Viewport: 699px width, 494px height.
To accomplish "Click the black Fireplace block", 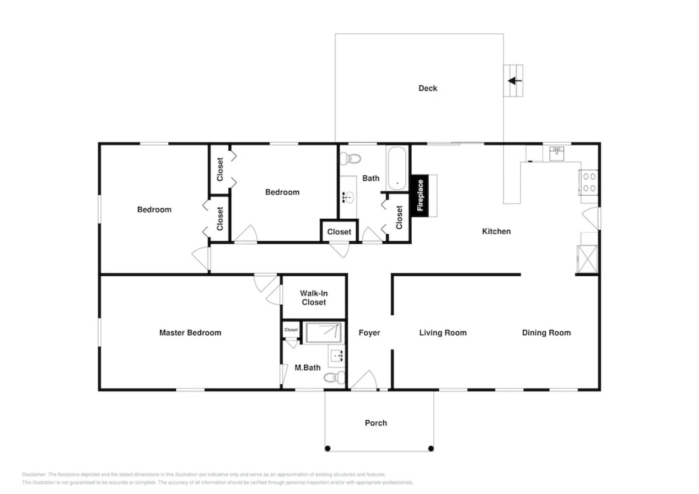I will point(420,196).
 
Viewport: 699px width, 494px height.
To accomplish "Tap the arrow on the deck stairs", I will point(515,81).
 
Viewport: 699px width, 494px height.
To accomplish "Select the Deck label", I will point(428,88).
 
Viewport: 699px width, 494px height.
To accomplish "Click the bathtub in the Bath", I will point(397,168).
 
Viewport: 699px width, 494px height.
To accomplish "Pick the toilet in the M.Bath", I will point(334,378).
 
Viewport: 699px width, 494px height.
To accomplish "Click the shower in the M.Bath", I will point(323,333).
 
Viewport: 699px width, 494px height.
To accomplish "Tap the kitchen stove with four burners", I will point(589,182).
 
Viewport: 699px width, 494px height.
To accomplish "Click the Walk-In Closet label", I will point(314,298).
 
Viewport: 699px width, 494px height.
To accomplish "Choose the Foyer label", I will point(369,333).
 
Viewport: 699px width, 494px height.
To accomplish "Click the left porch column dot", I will point(328,448).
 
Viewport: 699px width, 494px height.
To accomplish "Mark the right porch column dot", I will point(431,448).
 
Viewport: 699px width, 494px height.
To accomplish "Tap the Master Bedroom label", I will point(190,333).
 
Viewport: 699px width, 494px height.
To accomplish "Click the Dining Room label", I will point(546,333).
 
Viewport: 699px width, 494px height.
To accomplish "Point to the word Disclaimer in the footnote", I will point(34,474).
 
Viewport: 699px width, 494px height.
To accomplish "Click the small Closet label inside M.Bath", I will point(291,330).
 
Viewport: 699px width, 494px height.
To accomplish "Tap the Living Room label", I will point(443,333).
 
